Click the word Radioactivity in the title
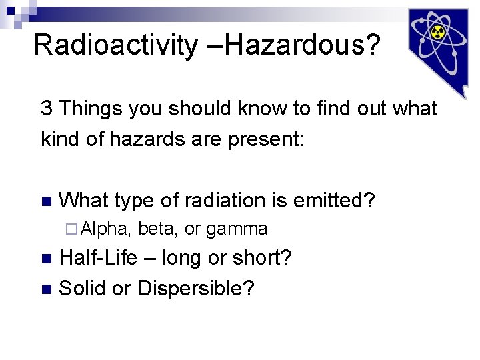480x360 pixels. (x=115, y=45)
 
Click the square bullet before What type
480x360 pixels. (x=45, y=201)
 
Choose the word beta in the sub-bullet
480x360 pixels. (x=158, y=229)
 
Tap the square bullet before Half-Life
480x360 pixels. (x=45, y=259)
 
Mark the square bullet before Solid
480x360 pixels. (x=45, y=289)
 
